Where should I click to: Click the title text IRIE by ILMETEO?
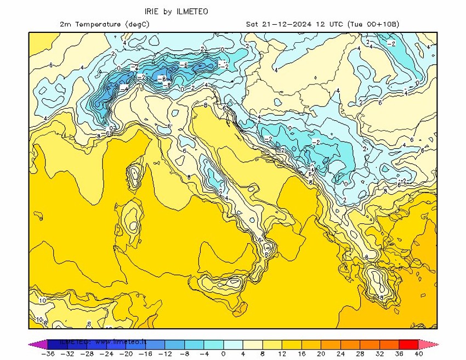tap(176, 11)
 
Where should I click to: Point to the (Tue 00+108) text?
tap(373, 24)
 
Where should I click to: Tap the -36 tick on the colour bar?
tap(48, 354)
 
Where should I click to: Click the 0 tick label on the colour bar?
tap(223, 354)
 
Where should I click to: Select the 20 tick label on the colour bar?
tap(321, 354)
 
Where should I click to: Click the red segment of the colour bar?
tap(409, 344)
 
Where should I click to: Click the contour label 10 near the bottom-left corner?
tap(42, 301)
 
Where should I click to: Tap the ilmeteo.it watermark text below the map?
tap(104, 341)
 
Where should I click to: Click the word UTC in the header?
tap(338, 24)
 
